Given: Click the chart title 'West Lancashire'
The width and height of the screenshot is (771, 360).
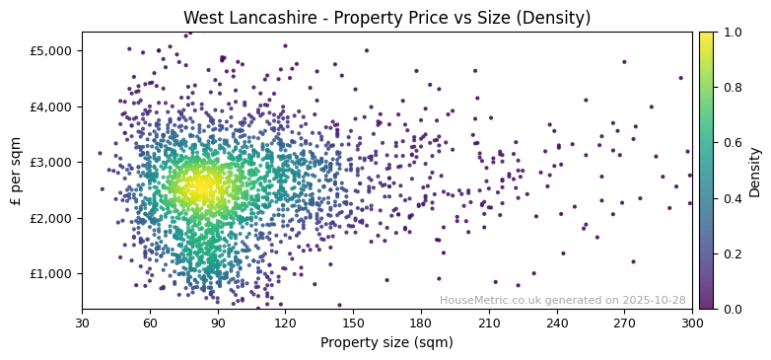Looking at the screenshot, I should click(x=385, y=18).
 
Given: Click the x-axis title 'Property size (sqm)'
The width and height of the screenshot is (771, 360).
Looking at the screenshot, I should click(x=386, y=343).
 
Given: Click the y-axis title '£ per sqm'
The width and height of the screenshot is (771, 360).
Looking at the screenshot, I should click(x=17, y=170).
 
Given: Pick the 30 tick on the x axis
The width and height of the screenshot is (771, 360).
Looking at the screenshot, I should click(x=82, y=323).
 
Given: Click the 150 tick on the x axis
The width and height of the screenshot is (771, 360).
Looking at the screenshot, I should click(x=353, y=323).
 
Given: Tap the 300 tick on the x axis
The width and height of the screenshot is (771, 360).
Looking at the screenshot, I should click(x=692, y=323).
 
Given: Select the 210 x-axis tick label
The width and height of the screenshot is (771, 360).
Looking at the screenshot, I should click(x=489, y=323).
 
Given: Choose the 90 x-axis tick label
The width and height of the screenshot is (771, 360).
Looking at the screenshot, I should click(x=218, y=323).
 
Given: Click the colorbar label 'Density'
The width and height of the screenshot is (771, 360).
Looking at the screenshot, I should click(x=755, y=170).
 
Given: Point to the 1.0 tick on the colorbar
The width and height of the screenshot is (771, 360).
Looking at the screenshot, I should click(x=731, y=32).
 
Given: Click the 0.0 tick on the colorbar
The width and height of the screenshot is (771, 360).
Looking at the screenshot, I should click(x=731, y=309).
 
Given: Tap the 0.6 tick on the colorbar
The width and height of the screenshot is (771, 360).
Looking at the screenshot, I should click(x=731, y=143).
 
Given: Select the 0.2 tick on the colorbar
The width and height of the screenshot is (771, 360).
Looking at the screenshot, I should click(x=731, y=253).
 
